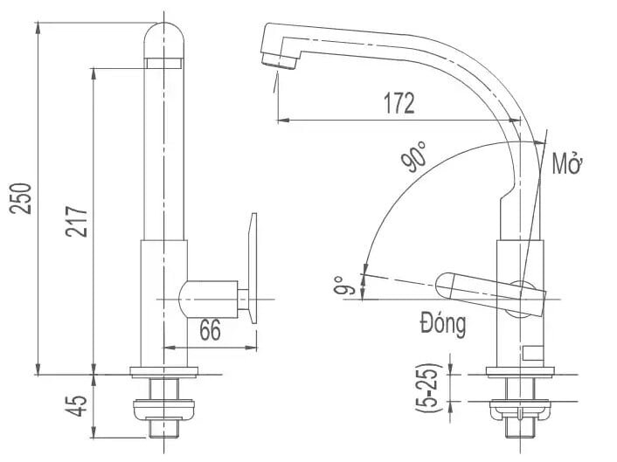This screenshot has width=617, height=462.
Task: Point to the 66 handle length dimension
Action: coord(210,330)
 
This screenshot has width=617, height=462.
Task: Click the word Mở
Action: coord(568,163)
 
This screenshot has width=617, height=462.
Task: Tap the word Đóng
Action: coord(442,325)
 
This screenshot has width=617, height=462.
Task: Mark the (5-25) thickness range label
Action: coord(427,388)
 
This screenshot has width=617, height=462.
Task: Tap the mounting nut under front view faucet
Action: coord(164,407)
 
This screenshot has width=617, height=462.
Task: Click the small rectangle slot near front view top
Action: coord(164,63)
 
